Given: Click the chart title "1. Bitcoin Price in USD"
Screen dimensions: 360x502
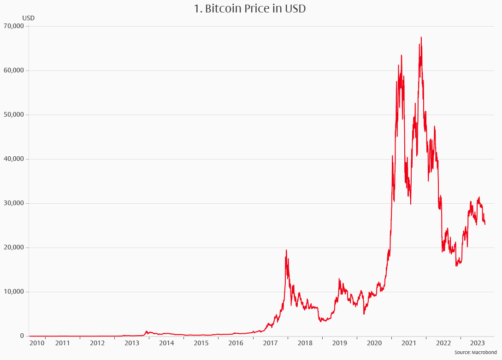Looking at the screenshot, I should (251, 8).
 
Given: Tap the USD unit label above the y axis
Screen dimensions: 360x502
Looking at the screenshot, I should (28, 18).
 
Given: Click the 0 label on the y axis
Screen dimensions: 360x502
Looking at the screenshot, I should (22, 336).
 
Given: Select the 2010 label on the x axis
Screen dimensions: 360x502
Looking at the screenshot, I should (37, 343).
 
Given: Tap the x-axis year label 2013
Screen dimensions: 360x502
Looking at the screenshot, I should (132, 343).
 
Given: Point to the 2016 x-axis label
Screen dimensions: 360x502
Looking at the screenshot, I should (236, 343).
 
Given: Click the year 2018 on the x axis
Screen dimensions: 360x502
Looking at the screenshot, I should (305, 343).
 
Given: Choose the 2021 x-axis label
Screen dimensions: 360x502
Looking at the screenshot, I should (409, 343).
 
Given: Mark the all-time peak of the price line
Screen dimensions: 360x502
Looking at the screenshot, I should (421, 37).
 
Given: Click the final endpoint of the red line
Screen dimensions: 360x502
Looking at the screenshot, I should (485, 224).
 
